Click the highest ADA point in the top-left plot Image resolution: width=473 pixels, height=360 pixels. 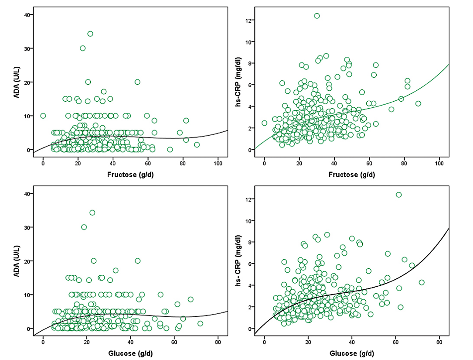90,34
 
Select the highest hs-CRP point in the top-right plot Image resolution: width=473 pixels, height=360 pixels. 317,16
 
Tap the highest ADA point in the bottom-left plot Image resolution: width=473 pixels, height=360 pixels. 92,213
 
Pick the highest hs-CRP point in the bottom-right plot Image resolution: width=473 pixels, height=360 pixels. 398,195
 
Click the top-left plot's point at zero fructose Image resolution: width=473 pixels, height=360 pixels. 43,116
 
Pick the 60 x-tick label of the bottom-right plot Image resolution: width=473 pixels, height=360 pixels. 395,342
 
